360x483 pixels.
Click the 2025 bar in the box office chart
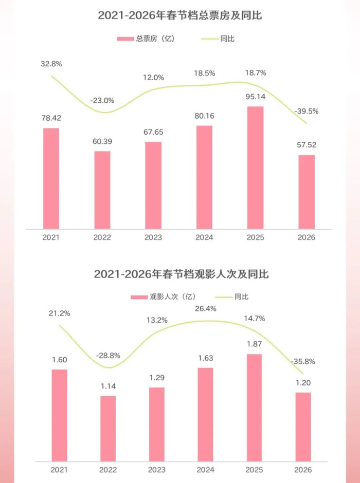(x=256, y=168)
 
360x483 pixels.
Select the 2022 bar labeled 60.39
(x=102, y=190)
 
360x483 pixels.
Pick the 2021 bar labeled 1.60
(x=60, y=415)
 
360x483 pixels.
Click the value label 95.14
(x=256, y=97)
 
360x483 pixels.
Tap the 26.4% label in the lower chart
(x=205, y=309)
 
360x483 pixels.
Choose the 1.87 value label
(x=254, y=344)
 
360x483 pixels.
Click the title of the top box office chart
(x=180, y=15)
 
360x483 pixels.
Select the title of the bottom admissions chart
(x=181, y=274)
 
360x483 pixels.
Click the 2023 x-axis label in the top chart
(x=153, y=237)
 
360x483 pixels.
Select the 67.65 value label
(x=153, y=132)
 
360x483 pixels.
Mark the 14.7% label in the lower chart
(x=254, y=319)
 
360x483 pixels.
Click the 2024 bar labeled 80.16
(x=204, y=177)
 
